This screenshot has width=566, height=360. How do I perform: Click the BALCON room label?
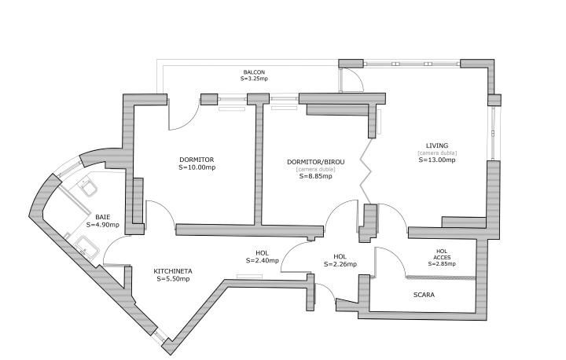pos(254,72)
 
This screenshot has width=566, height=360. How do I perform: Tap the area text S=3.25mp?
pos(254,79)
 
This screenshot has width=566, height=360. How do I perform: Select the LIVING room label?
pos(437,145)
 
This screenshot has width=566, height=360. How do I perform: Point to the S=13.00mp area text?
pos(437,160)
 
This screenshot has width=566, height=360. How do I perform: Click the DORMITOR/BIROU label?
pos(316,162)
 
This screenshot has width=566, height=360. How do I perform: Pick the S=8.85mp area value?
pos(316,176)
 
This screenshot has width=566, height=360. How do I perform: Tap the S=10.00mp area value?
pos(197,167)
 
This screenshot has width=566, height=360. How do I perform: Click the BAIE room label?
pos(103,217)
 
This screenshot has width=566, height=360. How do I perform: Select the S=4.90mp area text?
pos(103,225)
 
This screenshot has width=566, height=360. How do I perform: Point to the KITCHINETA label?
pos(173,271)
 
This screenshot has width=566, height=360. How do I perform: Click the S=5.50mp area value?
pos(173,279)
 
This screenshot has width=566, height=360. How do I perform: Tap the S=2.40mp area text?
pos(263,260)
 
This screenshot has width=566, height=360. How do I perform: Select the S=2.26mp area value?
pos(340,264)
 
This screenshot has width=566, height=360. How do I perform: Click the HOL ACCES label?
pos(442,254)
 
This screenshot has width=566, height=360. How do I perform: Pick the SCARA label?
pos(424,295)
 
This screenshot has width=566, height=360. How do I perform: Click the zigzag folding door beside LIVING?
pos(366,171)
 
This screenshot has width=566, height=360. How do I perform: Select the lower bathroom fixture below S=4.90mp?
pos(86,247)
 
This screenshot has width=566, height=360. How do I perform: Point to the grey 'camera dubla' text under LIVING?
pos(437,152)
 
